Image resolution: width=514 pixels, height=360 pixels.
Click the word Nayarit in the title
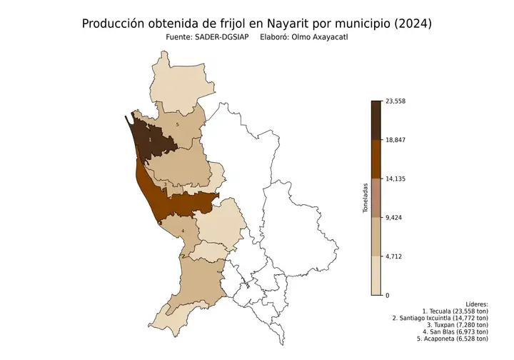293,24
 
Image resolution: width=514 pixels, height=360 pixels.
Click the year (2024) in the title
412,24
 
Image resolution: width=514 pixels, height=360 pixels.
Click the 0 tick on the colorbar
387,295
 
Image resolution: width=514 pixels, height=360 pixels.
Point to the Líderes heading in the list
476,304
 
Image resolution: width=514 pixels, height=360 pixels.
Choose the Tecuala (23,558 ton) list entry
455,311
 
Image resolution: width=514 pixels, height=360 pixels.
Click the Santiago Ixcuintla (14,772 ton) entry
440,318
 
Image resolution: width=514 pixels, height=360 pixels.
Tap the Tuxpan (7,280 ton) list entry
456,325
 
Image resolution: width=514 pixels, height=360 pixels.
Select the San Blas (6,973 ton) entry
454,331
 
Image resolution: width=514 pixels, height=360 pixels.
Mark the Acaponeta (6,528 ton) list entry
451,339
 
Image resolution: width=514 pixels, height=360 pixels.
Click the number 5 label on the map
177,124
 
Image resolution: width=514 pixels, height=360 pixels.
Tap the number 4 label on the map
183,231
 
